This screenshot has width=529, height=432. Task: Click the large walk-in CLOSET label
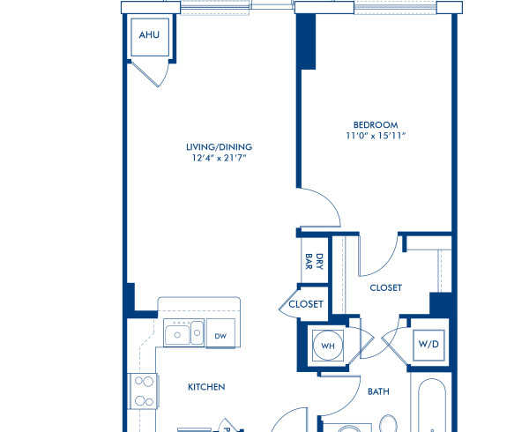point(385,287)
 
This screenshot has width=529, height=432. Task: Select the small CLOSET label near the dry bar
point(306,304)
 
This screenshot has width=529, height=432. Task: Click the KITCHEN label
point(206,386)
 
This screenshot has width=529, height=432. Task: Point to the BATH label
point(377,391)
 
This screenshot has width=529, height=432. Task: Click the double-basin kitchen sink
point(183,334)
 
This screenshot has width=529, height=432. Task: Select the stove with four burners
point(142,391)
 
